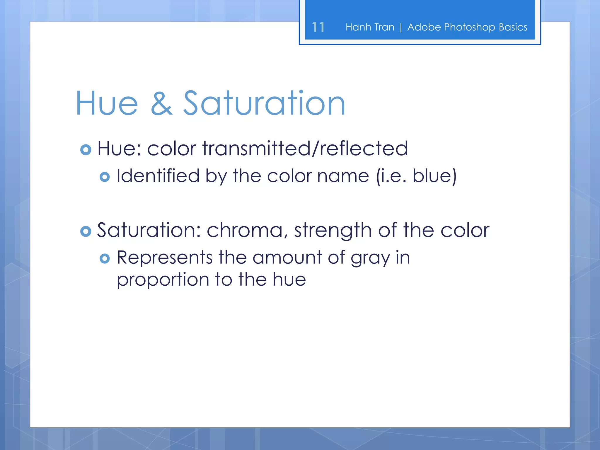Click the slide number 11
point(318,27)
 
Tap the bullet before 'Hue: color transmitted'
point(86,150)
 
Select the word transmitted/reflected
point(305,148)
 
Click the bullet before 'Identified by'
point(105,177)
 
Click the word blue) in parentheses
point(434,176)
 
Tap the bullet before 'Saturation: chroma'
point(86,231)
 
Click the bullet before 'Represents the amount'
point(105,258)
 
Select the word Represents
point(165,258)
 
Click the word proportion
point(163,280)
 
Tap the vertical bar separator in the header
point(401,27)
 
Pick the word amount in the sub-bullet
point(287,258)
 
